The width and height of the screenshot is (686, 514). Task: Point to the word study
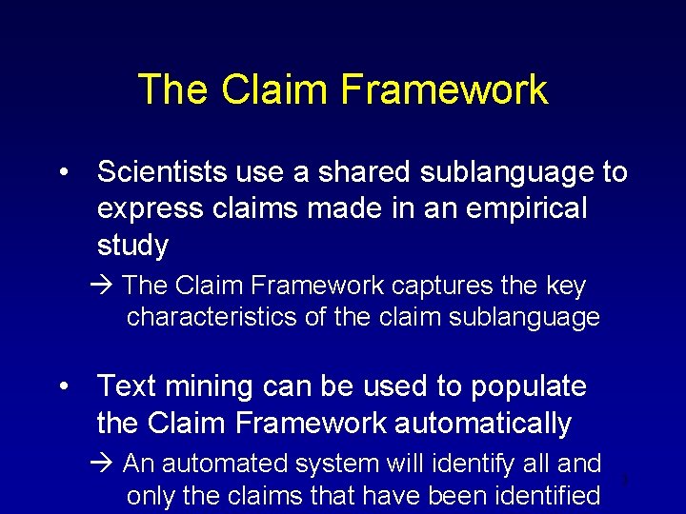pos(132,246)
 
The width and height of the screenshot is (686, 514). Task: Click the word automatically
pos(480,423)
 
